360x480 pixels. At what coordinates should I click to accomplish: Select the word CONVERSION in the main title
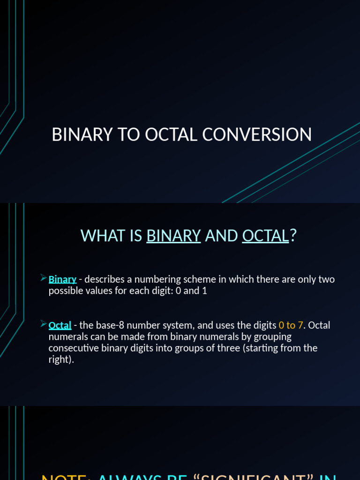coord(257,135)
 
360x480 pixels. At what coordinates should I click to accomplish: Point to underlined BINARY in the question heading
coord(173,235)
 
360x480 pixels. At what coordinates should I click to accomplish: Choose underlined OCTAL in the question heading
coord(265,235)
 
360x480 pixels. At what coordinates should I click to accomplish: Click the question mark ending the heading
coord(293,235)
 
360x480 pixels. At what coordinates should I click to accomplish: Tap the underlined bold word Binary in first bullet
coord(62,279)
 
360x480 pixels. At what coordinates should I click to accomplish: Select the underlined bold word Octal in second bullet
coord(60,325)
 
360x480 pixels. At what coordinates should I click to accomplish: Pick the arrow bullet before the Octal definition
coord(43,324)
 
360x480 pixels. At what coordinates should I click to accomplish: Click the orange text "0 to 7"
coord(291,325)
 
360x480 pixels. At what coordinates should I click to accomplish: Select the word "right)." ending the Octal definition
coord(61,360)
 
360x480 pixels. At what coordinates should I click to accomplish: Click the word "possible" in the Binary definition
coord(65,291)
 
